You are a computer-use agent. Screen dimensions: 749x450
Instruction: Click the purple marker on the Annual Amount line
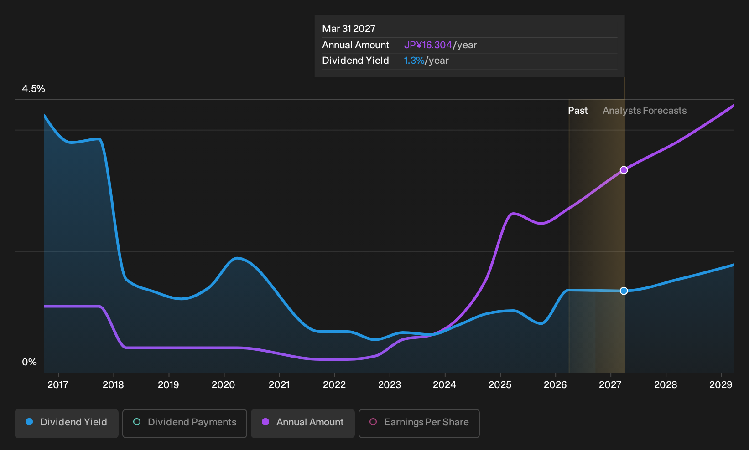tap(624, 170)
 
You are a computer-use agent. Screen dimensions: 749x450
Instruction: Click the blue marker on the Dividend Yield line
tap(624, 291)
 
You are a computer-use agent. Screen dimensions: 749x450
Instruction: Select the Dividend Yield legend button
tap(67, 423)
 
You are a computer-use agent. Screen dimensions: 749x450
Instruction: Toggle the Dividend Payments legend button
tap(185, 423)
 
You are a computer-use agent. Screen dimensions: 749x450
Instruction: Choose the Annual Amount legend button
tap(302, 423)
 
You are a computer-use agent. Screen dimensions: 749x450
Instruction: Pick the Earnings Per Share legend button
tap(419, 423)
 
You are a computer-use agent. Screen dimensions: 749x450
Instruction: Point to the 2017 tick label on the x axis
tap(58, 385)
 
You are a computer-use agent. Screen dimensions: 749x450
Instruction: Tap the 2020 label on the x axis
tap(224, 385)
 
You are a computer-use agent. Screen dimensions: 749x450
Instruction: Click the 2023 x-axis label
tap(390, 385)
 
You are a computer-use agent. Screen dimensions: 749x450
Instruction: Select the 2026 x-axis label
tap(555, 385)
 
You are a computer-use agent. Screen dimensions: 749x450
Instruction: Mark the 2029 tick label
tap(721, 385)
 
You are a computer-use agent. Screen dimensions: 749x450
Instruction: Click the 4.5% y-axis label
tap(33, 89)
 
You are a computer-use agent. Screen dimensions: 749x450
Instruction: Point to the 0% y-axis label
tap(30, 362)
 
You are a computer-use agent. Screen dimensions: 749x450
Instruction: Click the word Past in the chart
tap(578, 111)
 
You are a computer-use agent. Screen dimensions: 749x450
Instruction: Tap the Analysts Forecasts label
tap(645, 111)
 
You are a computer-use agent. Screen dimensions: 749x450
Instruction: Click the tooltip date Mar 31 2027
tap(349, 29)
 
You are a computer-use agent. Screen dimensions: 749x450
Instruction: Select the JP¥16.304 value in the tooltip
tap(428, 45)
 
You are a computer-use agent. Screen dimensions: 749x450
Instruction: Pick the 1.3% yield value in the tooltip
tap(414, 61)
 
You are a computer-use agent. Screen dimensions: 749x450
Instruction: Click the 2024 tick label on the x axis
tap(444, 385)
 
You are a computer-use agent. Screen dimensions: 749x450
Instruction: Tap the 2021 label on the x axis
tap(279, 385)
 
